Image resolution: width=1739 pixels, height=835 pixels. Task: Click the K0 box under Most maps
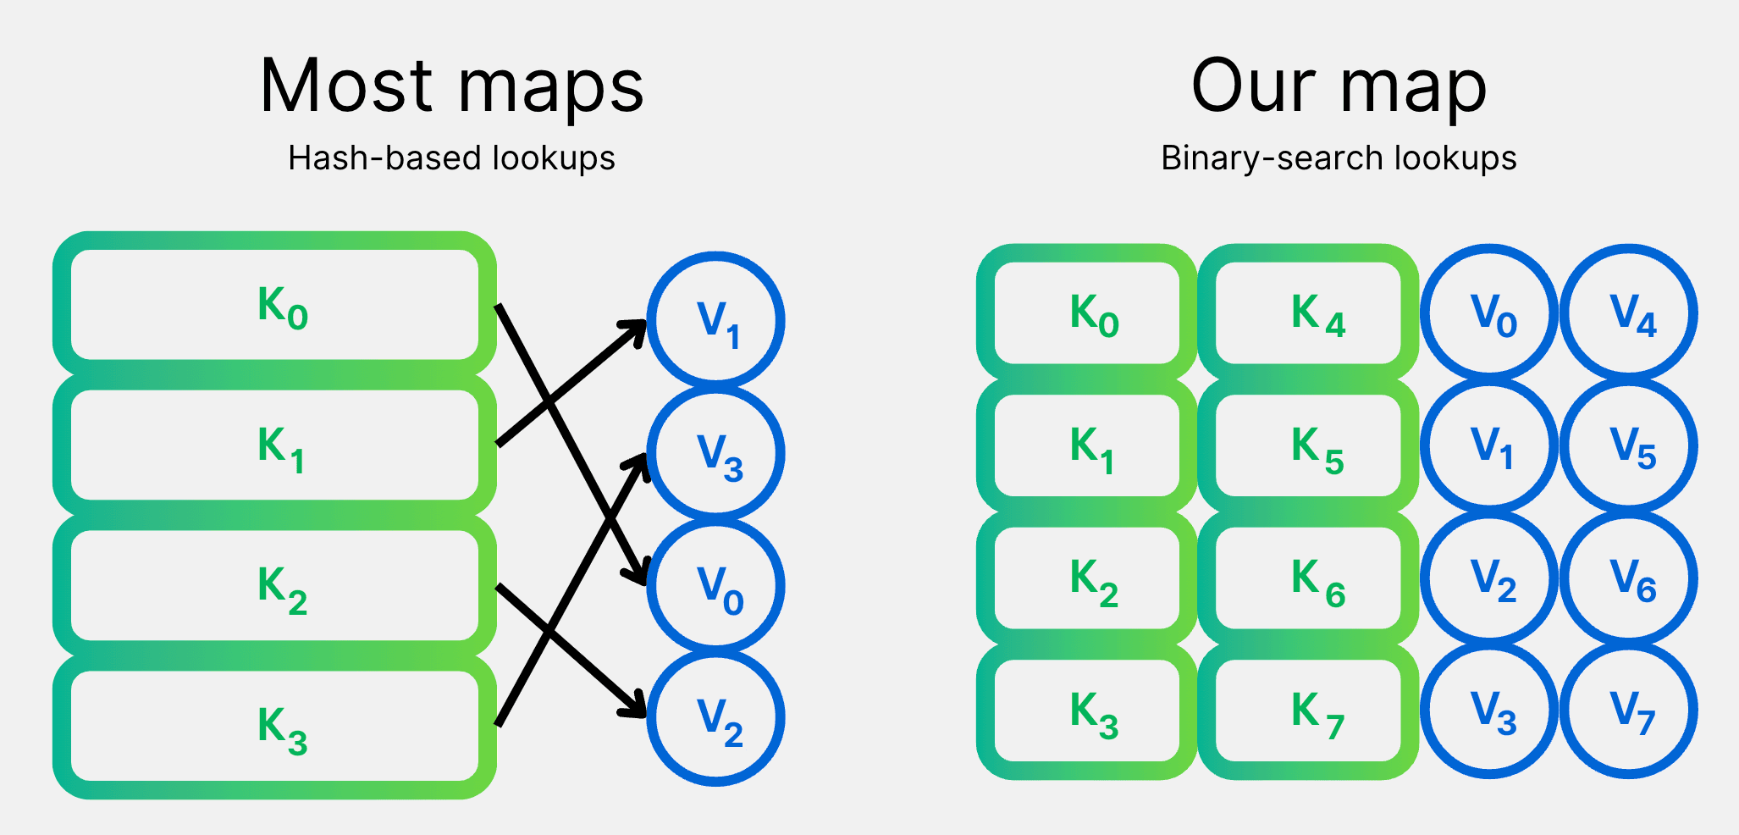pos(274,305)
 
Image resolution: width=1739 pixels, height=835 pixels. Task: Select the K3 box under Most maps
pos(274,726)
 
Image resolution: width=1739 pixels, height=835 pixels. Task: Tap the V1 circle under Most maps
pos(716,321)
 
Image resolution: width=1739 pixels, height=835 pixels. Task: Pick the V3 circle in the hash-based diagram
pos(716,453)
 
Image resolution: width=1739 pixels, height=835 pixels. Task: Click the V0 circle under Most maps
pos(716,585)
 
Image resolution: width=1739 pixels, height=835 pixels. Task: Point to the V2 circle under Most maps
pos(716,717)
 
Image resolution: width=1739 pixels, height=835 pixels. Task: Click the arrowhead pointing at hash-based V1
pos(636,329)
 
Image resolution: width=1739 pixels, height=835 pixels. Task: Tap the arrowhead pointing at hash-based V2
pos(636,707)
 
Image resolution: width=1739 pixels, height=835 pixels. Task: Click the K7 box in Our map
pos(1308,711)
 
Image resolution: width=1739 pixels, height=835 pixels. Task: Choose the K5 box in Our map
pos(1308,445)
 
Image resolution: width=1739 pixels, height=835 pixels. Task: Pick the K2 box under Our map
pos(1087,578)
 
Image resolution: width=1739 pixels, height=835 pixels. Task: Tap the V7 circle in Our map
pos(1629,711)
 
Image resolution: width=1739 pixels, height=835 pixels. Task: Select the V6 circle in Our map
pos(1629,578)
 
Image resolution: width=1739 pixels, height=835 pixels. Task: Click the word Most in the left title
pos(347,86)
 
